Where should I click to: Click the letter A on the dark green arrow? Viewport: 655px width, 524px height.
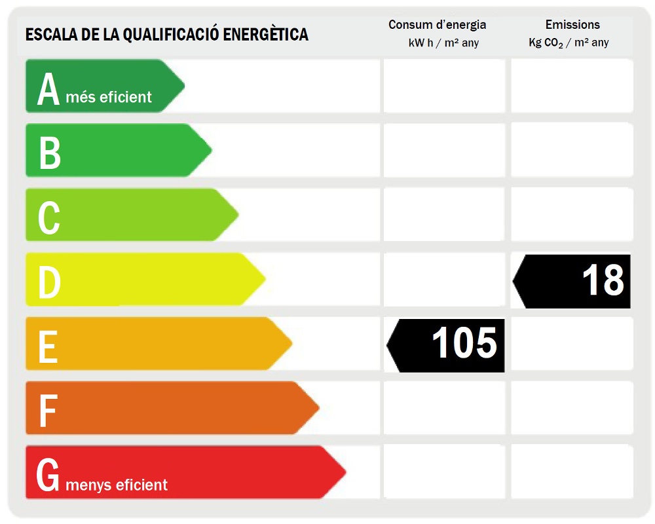(x=48, y=89)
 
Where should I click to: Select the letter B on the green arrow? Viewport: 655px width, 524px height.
(x=49, y=153)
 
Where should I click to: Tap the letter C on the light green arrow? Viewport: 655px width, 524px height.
(x=49, y=217)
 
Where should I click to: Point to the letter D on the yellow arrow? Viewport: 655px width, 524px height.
(x=49, y=282)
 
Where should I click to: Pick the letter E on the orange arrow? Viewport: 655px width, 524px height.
(x=48, y=346)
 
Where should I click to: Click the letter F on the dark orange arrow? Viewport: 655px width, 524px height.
(x=47, y=411)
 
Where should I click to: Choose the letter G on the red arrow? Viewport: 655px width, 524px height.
(x=48, y=475)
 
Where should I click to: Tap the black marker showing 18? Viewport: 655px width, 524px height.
(x=572, y=281)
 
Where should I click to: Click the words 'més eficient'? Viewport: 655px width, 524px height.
(x=109, y=98)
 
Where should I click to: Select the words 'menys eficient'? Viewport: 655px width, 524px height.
(x=117, y=485)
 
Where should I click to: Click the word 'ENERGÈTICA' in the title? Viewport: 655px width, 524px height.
(x=266, y=34)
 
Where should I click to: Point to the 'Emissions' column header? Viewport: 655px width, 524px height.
(x=572, y=25)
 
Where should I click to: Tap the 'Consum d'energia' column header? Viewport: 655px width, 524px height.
(x=437, y=25)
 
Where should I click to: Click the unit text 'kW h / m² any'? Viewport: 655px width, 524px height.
(x=443, y=43)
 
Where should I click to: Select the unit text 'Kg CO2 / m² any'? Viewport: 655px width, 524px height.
(x=569, y=43)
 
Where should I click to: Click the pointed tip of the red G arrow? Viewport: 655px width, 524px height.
(x=345, y=472)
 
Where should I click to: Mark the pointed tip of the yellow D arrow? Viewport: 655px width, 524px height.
(x=265, y=279)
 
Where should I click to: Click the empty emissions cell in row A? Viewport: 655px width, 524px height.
(x=572, y=86)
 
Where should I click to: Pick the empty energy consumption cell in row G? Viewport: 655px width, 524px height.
(x=444, y=472)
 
